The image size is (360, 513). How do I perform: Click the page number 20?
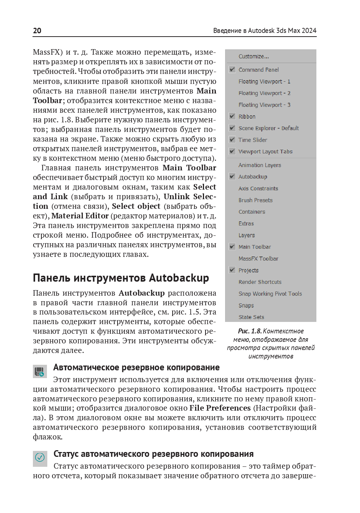pos(37,31)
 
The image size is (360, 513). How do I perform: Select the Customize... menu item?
pos(254,57)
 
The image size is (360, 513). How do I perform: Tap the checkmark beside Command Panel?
pos(232,69)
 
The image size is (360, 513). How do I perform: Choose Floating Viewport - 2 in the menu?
pos(264,93)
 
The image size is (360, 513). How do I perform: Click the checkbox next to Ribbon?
pos(232,116)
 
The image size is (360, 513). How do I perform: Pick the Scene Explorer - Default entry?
pos(268,128)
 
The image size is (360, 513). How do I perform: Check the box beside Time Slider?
pos(232,140)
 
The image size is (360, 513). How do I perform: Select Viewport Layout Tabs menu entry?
pos(265,152)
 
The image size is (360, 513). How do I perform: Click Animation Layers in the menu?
pos(259,165)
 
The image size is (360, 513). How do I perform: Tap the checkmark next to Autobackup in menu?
pos(232,177)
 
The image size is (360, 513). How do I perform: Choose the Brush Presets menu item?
pos(255,200)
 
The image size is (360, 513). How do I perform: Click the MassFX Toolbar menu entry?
pos(258,259)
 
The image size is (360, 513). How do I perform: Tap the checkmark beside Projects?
pos(232,270)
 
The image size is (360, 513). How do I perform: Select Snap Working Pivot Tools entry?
pos(270,294)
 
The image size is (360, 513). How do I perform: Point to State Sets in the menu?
pos(251,317)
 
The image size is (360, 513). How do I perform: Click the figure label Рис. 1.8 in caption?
pos(249,331)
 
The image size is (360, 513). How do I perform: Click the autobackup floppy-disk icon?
pos(40,371)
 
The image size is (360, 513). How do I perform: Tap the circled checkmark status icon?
pos(40,458)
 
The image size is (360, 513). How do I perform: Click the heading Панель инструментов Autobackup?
pos(121,278)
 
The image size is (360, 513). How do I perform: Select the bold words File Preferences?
pos(220,408)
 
